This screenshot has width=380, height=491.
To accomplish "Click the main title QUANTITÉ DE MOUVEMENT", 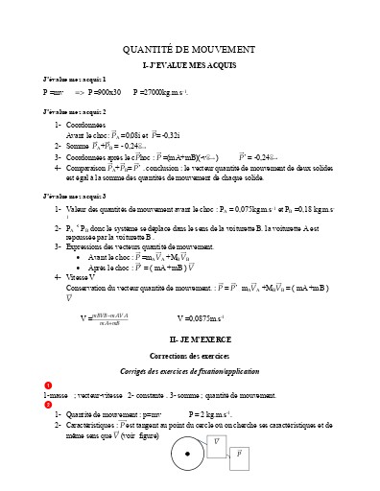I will (189, 49).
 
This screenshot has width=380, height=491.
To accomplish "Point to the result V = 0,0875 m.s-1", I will (202, 317).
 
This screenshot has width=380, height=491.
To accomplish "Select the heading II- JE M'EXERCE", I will (189, 339).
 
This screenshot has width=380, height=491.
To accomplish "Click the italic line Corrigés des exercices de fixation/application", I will (189, 369).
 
